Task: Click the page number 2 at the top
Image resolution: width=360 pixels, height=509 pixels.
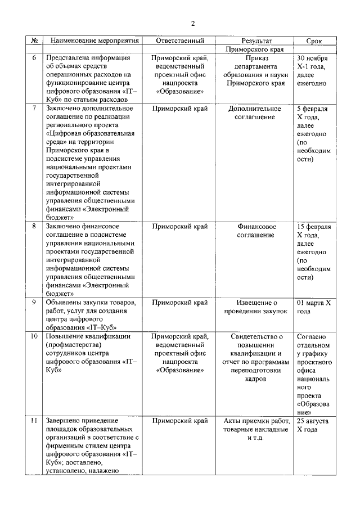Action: click(193, 23)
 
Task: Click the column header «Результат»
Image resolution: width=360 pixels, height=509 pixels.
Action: click(256, 41)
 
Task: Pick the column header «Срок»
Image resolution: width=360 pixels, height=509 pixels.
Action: click(314, 41)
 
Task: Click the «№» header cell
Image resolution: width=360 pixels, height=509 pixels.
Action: click(34, 41)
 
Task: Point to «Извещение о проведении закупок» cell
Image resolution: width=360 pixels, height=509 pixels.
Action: click(256, 307)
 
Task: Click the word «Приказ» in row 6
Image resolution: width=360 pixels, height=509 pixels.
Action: click(256, 58)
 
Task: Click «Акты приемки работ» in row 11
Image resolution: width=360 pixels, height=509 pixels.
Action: click(256, 421)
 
